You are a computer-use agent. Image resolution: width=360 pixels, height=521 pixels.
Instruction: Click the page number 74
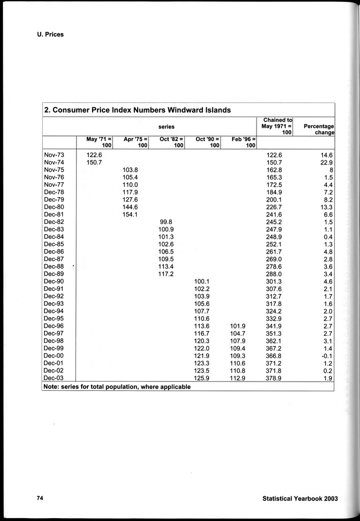tap(40, 498)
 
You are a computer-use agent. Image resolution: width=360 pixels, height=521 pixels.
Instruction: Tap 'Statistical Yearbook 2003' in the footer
tap(300, 498)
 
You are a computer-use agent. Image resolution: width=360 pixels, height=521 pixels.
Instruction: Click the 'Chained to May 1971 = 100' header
tap(277, 126)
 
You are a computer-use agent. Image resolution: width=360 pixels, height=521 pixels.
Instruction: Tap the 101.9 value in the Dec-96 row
tap(238, 326)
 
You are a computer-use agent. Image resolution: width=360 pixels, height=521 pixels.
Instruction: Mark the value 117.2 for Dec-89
tap(166, 274)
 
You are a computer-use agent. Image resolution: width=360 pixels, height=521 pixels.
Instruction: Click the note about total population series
tap(117, 387)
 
